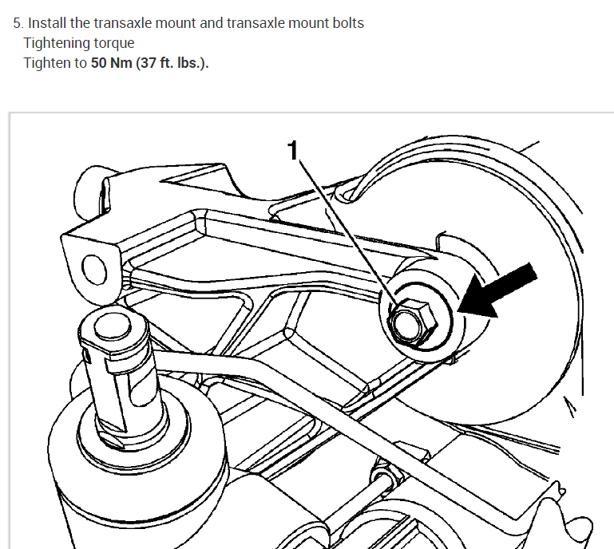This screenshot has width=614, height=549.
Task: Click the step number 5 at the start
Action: (x=17, y=23)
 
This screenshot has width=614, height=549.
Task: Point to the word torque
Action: (x=114, y=42)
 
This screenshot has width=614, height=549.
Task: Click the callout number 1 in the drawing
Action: (x=293, y=148)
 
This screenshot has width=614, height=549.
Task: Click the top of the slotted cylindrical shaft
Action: (x=106, y=326)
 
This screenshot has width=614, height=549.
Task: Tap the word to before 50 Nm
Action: (x=81, y=62)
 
